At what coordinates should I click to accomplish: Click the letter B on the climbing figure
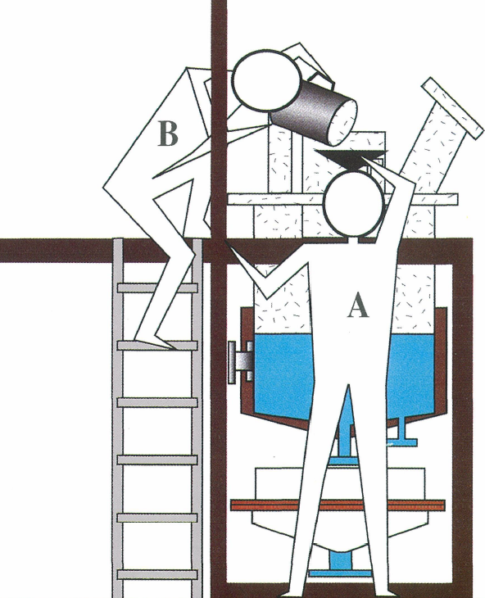coord(168,133)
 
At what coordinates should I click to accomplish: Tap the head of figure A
coord(353,203)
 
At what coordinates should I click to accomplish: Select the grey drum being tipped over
coord(314,115)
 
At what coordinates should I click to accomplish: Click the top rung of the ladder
coord(157,288)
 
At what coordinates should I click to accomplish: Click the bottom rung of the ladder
coord(157,574)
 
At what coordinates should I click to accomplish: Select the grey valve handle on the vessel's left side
coord(240,362)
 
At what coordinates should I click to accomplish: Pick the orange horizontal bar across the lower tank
coord(338,505)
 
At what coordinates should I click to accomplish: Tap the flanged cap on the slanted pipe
coord(453,108)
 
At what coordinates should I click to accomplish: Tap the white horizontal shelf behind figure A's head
coord(342,199)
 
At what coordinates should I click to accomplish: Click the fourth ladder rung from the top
coord(157,460)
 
